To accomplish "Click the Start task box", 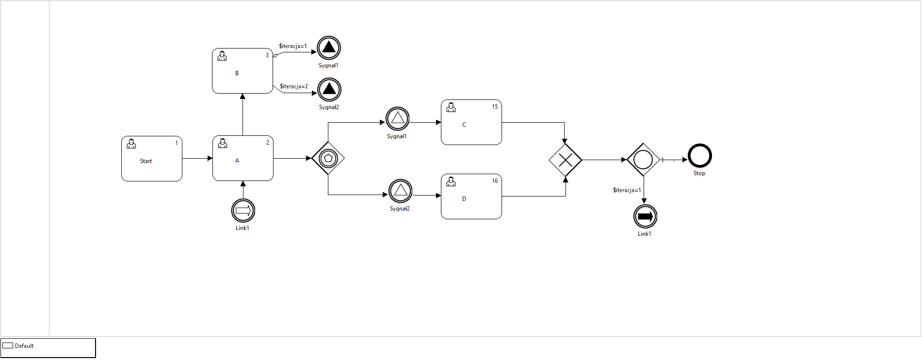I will tap(151, 159).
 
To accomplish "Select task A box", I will tap(243, 158).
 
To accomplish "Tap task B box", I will tap(242, 71).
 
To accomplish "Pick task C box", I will tap(471, 122).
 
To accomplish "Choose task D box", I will tap(471, 196).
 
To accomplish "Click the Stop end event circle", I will tap(699, 156).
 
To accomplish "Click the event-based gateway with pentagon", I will tap(328, 158).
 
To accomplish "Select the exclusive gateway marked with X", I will tap(565, 160).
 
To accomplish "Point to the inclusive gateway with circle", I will tap(643, 160).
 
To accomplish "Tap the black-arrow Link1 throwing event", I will tap(645, 216).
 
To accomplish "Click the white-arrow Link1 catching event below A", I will tap(243, 211).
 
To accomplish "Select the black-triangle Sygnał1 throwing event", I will tap(329, 48).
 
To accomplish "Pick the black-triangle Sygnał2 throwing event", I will tap(329, 90).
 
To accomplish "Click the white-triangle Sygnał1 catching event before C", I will tap(398, 118).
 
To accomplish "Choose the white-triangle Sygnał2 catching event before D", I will tap(400, 191).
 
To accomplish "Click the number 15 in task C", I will tap(495, 107).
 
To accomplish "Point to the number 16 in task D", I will tap(495, 181).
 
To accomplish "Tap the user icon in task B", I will tap(222, 56).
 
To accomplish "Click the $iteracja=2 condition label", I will tap(293, 86).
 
